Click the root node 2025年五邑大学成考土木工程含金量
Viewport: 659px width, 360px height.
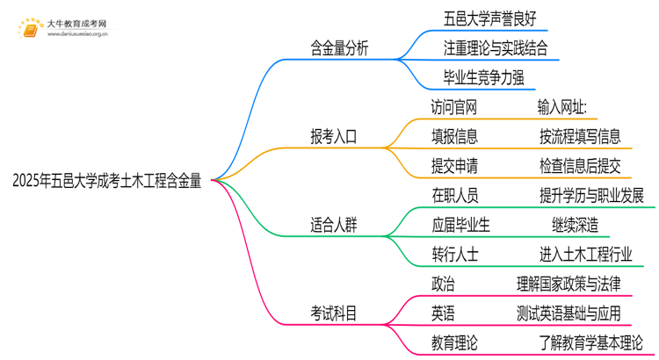[106, 181]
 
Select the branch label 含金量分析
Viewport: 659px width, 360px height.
[339, 49]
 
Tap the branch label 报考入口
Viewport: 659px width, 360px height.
[333, 136]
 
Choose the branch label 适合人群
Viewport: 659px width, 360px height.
[333, 225]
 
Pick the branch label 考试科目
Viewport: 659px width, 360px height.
[333, 313]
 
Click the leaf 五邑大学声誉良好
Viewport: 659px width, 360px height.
[489, 18]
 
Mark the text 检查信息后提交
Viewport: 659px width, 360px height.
[580, 165]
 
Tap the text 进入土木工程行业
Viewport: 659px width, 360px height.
[587, 254]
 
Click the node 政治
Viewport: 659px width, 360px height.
[443, 283]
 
